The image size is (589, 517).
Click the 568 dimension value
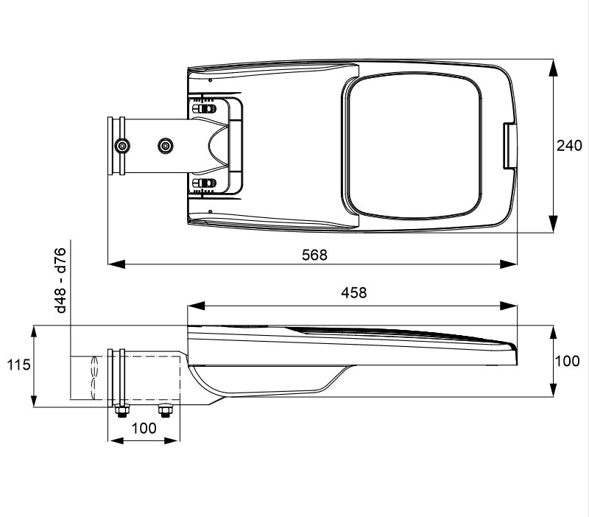(x=314, y=255)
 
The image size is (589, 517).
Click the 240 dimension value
(x=569, y=145)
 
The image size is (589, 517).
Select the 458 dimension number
(x=354, y=292)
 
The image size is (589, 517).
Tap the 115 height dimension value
(x=18, y=365)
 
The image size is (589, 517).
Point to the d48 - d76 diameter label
(x=60, y=281)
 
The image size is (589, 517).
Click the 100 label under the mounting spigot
(x=144, y=428)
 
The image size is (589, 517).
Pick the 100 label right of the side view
(x=567, y=361)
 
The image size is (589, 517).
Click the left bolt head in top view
(x=121, y=146)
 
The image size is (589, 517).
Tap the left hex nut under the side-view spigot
(x=121, y=411)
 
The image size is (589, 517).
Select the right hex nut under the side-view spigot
(x=164, y=411)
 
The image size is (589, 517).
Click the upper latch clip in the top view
(x=205, y=109)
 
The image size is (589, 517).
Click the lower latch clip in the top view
(x=205, y=183)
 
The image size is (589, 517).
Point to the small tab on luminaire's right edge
(x=510, y=145)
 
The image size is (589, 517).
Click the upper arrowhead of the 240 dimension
(x=553, y=68)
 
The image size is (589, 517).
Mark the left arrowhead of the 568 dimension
(x=116, y=264)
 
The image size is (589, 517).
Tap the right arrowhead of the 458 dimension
(x=509, y=306)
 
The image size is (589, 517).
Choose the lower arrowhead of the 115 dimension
(x=34, y=398)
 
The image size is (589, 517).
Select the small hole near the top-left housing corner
(x=211, y=80)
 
